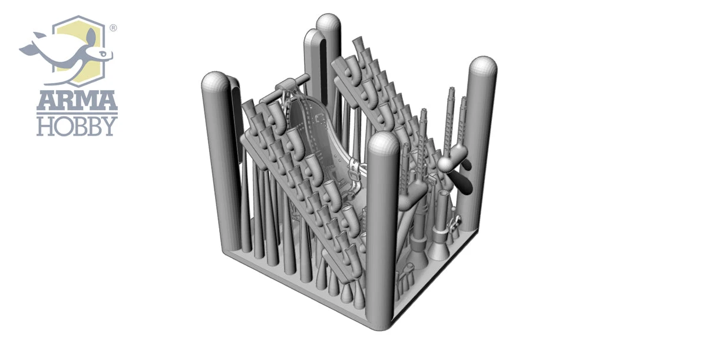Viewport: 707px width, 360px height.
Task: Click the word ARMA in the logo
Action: coord(77,101)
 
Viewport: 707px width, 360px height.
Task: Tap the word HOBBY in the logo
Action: coord(77,126)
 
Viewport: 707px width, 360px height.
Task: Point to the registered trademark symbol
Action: coord(113,28)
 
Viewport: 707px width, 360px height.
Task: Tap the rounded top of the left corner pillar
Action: coord(214,81)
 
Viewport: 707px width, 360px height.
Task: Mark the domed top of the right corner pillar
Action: coord(483,67)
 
